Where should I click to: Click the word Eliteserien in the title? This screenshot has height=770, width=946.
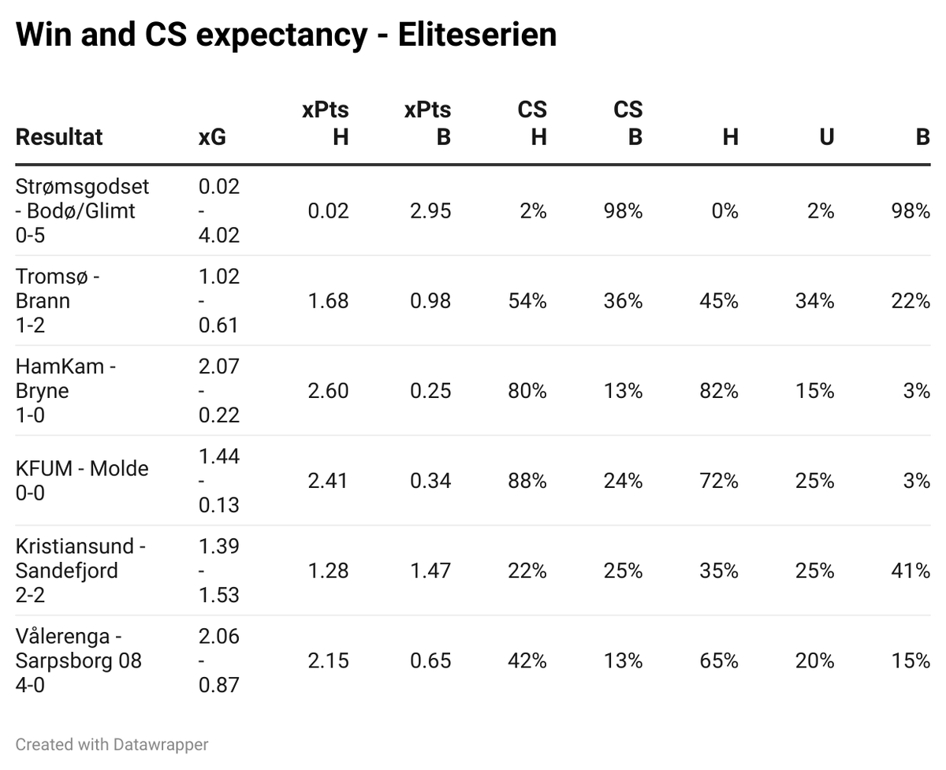click(x=477, y=34)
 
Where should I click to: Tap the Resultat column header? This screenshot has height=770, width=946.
click(x=58, y=136)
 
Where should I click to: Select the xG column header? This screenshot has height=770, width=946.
click(x=212, y=137)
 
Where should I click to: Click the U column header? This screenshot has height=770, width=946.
click(x=826, y=137)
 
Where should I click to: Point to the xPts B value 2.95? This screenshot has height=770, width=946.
click(x=430, y=210)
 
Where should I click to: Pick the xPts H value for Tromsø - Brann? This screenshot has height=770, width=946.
click(x=328, y=300)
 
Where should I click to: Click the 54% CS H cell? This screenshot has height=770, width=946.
click(x=527, y=300)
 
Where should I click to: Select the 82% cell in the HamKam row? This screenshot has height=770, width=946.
click(x=719, y=391)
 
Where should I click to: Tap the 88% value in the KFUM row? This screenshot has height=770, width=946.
click(x=527, y=481)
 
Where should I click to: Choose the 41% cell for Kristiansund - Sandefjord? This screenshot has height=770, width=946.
click(x=910, y=571)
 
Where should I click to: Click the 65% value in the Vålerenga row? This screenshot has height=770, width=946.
click(x=719, y=660)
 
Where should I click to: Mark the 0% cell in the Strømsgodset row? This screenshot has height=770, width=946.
click(x=724, y=210)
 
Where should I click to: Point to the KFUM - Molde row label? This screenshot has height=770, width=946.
click(x=82, y=468)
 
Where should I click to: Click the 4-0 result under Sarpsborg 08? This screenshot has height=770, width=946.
click(x=30, y=685)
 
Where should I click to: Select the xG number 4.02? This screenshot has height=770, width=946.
click(x=219, y=235)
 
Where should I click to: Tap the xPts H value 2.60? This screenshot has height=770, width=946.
click(x=328, y=391)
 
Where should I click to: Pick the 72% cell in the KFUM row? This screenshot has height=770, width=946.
click(x=719, y=481)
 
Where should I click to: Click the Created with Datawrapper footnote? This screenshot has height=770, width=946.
click(x=111, y=745)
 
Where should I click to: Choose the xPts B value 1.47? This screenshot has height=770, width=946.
click(x=430, y=571)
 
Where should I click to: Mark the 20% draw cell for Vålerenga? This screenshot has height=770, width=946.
click(x=814, y=660)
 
